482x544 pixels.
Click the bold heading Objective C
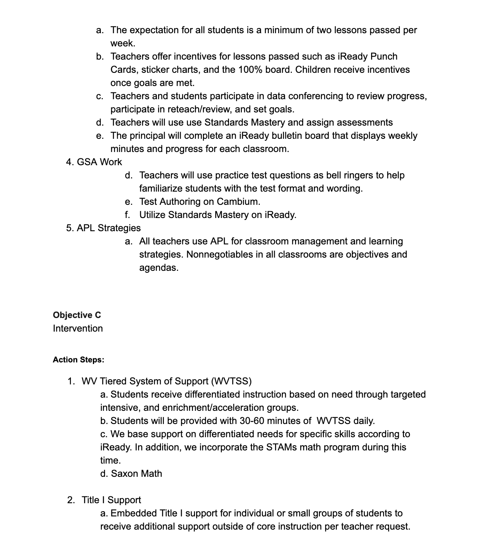pos(77,315)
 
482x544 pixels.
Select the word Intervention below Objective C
pos(78,328)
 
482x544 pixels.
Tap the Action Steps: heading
pos(78,360)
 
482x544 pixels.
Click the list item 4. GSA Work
pos(94,162)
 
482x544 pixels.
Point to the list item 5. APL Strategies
pos(103,228)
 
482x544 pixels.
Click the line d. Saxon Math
pos(131,474)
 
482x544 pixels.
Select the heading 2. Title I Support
pos(104,500)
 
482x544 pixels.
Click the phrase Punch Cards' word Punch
pos(384,56)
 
